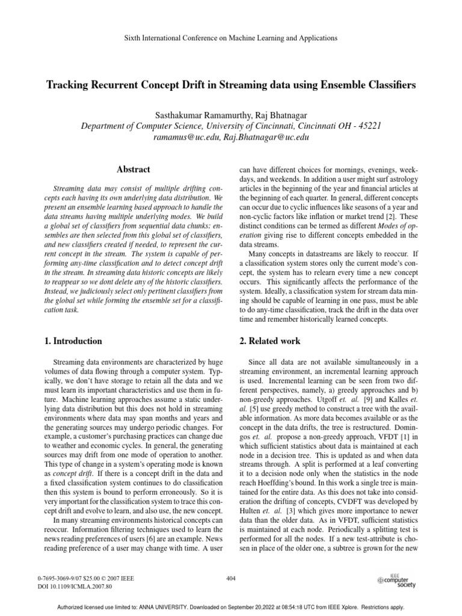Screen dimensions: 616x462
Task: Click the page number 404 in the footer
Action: point(231,578)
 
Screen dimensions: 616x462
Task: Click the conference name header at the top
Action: point(230,37)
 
